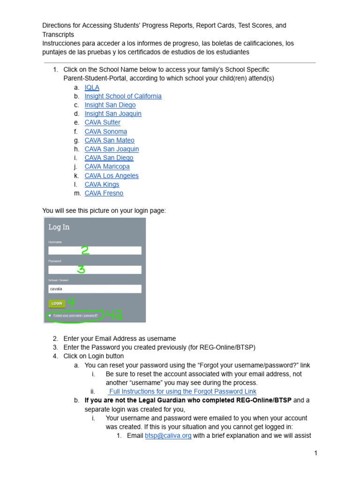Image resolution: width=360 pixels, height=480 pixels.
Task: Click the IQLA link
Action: pos(92,87)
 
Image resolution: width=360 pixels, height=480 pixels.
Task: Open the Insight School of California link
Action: pos(123,96)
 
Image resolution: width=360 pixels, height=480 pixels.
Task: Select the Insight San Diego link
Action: pos(110,105)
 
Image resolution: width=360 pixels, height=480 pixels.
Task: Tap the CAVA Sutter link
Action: pos(102,122)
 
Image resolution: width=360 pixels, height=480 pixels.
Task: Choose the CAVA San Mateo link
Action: pos(109,140)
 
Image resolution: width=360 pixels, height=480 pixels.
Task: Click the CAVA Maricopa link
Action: pos(107,166)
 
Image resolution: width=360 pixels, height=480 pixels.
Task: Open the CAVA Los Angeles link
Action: pos(112,176)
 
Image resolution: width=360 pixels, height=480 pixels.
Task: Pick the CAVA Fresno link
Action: pos(104,193)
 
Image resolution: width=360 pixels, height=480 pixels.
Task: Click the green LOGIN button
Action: pos(57,303)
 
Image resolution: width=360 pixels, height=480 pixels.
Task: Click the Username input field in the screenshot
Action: pos(95,251)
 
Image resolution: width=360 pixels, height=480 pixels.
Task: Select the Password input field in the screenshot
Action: pos(95,270)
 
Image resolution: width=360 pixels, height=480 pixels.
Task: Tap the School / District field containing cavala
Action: pos(95,289)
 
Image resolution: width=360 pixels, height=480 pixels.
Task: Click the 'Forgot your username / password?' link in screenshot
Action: pos(75,315)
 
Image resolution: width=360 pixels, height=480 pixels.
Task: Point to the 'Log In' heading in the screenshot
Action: pos(59,227)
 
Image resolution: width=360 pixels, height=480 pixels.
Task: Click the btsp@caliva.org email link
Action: pos(168,435)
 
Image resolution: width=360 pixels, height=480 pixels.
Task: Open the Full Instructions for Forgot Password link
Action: pos(182,391)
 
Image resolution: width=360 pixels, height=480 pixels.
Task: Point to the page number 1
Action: pos(316,453)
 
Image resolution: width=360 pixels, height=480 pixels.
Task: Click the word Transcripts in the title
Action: pos(58,34)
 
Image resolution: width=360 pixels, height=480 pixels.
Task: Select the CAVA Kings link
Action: pos(102,184)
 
